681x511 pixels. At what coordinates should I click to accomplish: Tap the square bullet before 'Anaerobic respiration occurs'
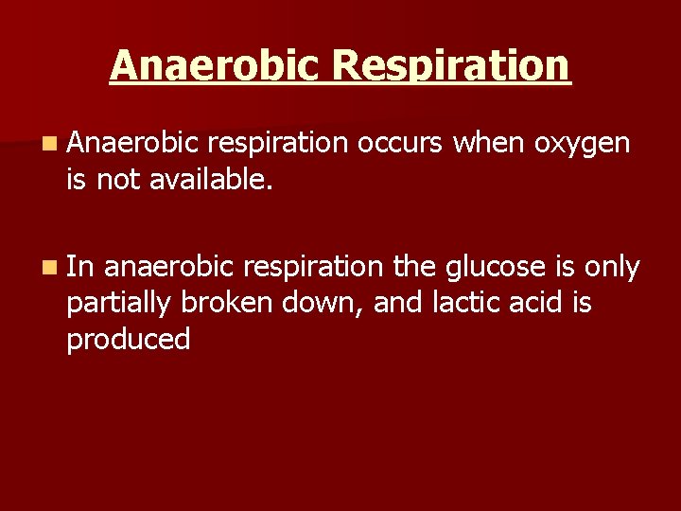click(48, 144)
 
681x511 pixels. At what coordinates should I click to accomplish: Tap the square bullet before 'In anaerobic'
click(48, 269)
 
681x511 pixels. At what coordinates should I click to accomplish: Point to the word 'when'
click(489, 142)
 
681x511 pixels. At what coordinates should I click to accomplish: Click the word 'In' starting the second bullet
click(79, 267)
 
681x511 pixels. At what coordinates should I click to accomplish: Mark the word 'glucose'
click(491, 269)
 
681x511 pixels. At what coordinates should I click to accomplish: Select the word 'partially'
click(117, 305)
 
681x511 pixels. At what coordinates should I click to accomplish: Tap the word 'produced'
click(128, 340)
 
